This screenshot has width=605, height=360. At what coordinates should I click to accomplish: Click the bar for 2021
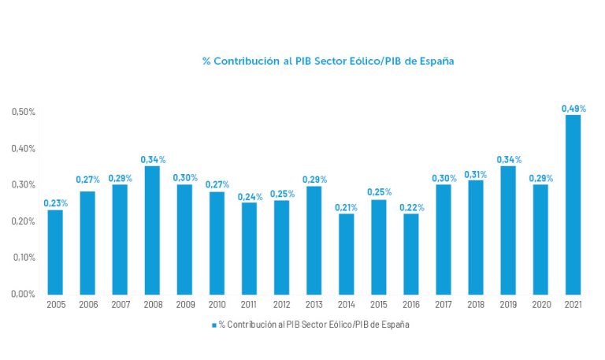573,204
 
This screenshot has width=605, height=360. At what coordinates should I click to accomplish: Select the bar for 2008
152,229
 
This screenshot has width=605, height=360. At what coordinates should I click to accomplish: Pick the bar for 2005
55,251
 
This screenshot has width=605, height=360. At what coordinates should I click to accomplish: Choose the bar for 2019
508,229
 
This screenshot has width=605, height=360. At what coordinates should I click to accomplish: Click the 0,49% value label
573,109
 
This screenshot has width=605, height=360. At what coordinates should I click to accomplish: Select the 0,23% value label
55,203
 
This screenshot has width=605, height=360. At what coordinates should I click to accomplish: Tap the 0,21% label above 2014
347,207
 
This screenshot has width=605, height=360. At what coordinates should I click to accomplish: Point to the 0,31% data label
476,174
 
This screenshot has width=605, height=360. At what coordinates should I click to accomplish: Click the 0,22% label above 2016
411,207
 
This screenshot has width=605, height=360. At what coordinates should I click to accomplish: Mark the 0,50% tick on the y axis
24,112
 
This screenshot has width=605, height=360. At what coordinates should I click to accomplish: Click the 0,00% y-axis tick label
24,294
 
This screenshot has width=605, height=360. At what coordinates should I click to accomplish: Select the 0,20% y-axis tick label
24,221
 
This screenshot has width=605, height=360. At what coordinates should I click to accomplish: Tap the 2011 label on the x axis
249,304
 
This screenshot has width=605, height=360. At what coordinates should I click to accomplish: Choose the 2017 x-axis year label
444,304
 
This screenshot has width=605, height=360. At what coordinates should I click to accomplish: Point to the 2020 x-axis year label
540,304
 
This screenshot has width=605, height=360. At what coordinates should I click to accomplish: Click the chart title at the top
328,61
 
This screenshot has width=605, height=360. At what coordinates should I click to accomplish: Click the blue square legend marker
213,325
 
